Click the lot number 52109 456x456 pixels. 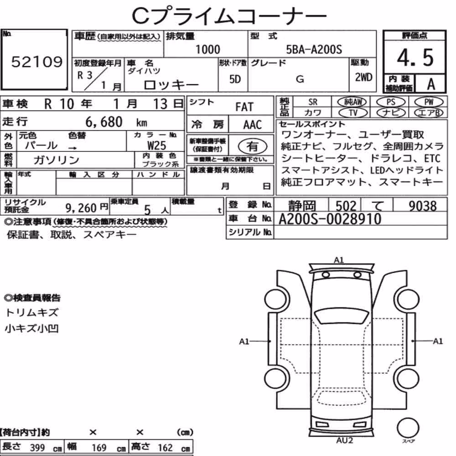click(x=36, y=62)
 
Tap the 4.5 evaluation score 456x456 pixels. click(x=415, y=57)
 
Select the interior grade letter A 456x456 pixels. click(x=431, y=84)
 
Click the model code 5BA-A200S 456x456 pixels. click(x=314, y=49)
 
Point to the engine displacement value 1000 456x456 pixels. click(x=207, y=49)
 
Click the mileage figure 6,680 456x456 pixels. click(x=104, y=122)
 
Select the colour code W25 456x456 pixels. click(x=156, y=145)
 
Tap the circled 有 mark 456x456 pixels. click(x=252, y=146)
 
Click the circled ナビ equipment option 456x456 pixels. click(x=390, y=113)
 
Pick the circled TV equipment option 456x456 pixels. click(x=353, y=113)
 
